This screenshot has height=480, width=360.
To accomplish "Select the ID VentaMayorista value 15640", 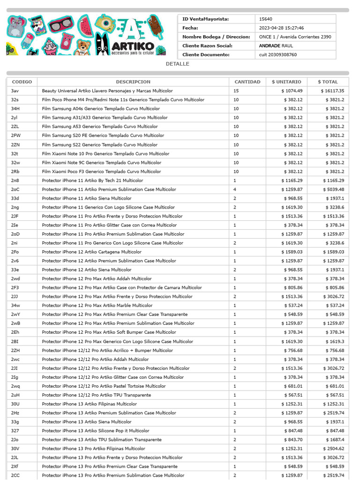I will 265,19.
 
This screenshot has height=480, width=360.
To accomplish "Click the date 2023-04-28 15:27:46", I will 281,28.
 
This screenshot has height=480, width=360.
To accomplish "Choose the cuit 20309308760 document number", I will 278,55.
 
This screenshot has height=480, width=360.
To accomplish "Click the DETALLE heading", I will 178,64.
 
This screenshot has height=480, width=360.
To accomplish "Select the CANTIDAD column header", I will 247,82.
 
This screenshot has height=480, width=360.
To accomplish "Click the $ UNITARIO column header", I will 286,82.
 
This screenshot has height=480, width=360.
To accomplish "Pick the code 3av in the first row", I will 15,91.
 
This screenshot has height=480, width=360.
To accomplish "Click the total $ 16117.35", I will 332,91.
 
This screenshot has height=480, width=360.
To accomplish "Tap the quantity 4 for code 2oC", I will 235,189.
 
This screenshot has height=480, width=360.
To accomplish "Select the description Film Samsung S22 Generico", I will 99,145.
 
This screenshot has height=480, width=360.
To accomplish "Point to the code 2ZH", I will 15,351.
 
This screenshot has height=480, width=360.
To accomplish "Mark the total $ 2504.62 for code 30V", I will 333,449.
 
